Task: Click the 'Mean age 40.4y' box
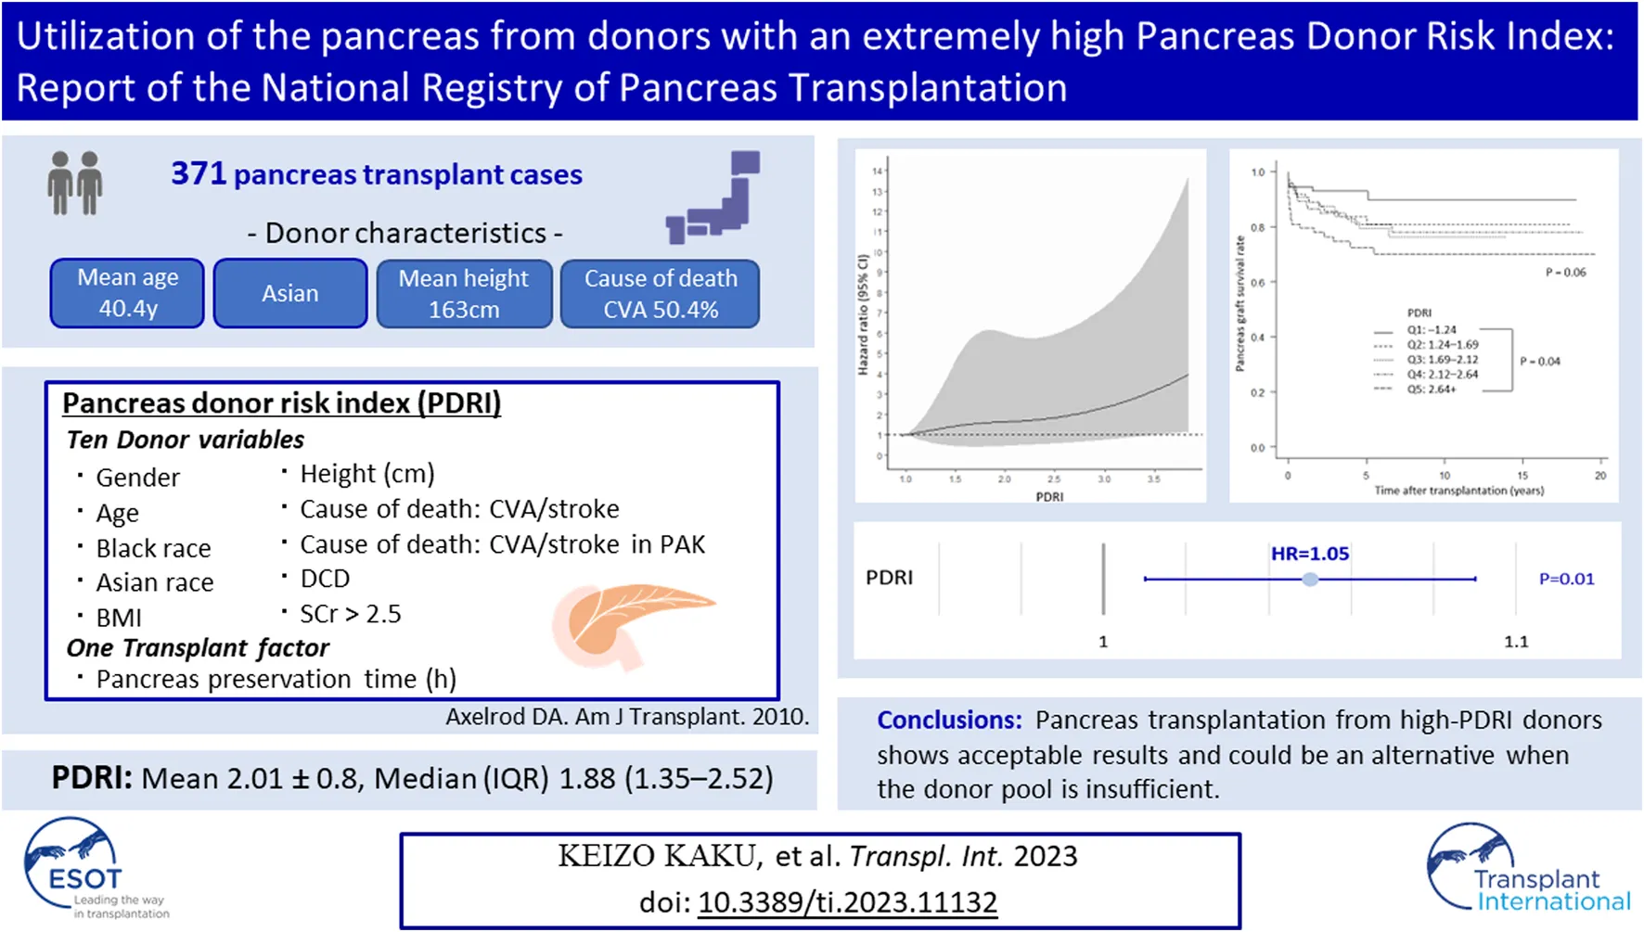127,293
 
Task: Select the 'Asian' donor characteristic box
290,293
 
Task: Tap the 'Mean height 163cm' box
464,293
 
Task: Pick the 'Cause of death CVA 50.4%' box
661,293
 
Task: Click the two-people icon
75,183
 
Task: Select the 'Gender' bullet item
137,478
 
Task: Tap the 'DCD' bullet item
325,579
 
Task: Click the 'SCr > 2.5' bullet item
350,614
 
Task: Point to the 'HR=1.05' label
1309,554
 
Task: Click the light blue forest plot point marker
1310,580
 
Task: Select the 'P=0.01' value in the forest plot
1566,579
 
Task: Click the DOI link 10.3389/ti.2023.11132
847,901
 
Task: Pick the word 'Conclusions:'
949,721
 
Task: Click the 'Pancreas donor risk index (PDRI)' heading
281,403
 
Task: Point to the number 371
199,173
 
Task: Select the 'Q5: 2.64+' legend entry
1431,389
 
